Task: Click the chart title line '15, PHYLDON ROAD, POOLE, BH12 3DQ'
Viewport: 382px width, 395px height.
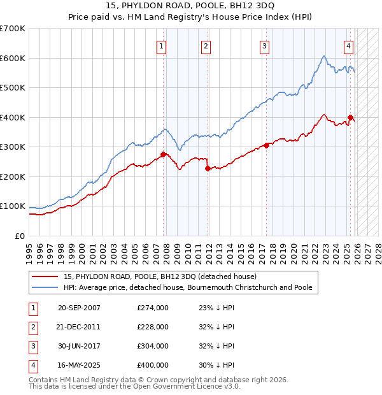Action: [x=190, y=6]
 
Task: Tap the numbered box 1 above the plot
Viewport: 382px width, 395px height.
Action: [x=162, y=45]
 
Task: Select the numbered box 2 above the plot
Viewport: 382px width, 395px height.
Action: [x=206, y=45]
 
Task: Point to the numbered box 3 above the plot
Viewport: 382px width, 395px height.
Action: [x=264, y=45]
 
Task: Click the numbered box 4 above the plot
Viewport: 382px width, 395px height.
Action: [x=349, y=45]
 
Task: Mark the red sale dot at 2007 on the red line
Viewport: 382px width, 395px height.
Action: [x=164, y=154]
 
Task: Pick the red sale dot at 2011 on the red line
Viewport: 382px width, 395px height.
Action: [x=208, y=168]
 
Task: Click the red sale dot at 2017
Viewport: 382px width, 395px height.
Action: [x=266, y=145]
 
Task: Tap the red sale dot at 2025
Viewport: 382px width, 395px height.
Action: [x=351, y=117]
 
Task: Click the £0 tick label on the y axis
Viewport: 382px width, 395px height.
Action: [x=19, y=236]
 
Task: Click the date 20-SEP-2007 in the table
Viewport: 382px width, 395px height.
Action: [x=79, y=308]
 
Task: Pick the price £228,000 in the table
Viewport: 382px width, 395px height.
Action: [x=153, y=327]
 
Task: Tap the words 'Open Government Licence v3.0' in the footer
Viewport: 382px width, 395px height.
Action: [x=185, y=386]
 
